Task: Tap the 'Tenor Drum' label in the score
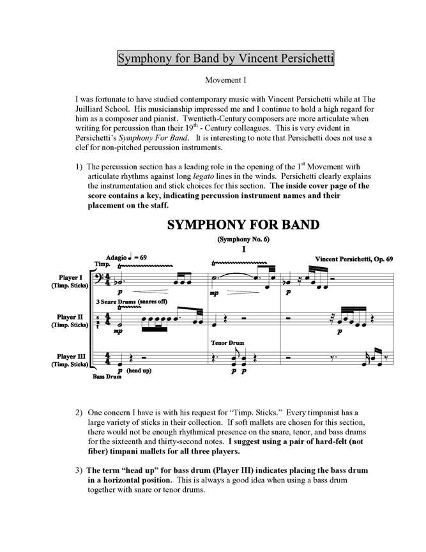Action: pyautogui.click(x=224, y=342)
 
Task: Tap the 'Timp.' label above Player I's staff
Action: pyautogui.click(x=102, y=263)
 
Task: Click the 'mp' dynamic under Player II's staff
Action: pyautogui.click(x=118, y=331)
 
